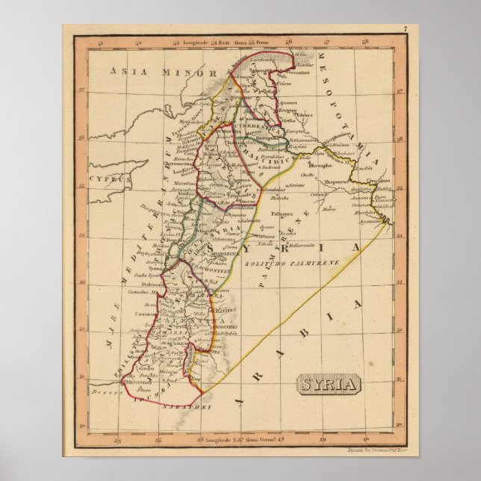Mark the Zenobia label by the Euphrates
click(364, 168)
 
